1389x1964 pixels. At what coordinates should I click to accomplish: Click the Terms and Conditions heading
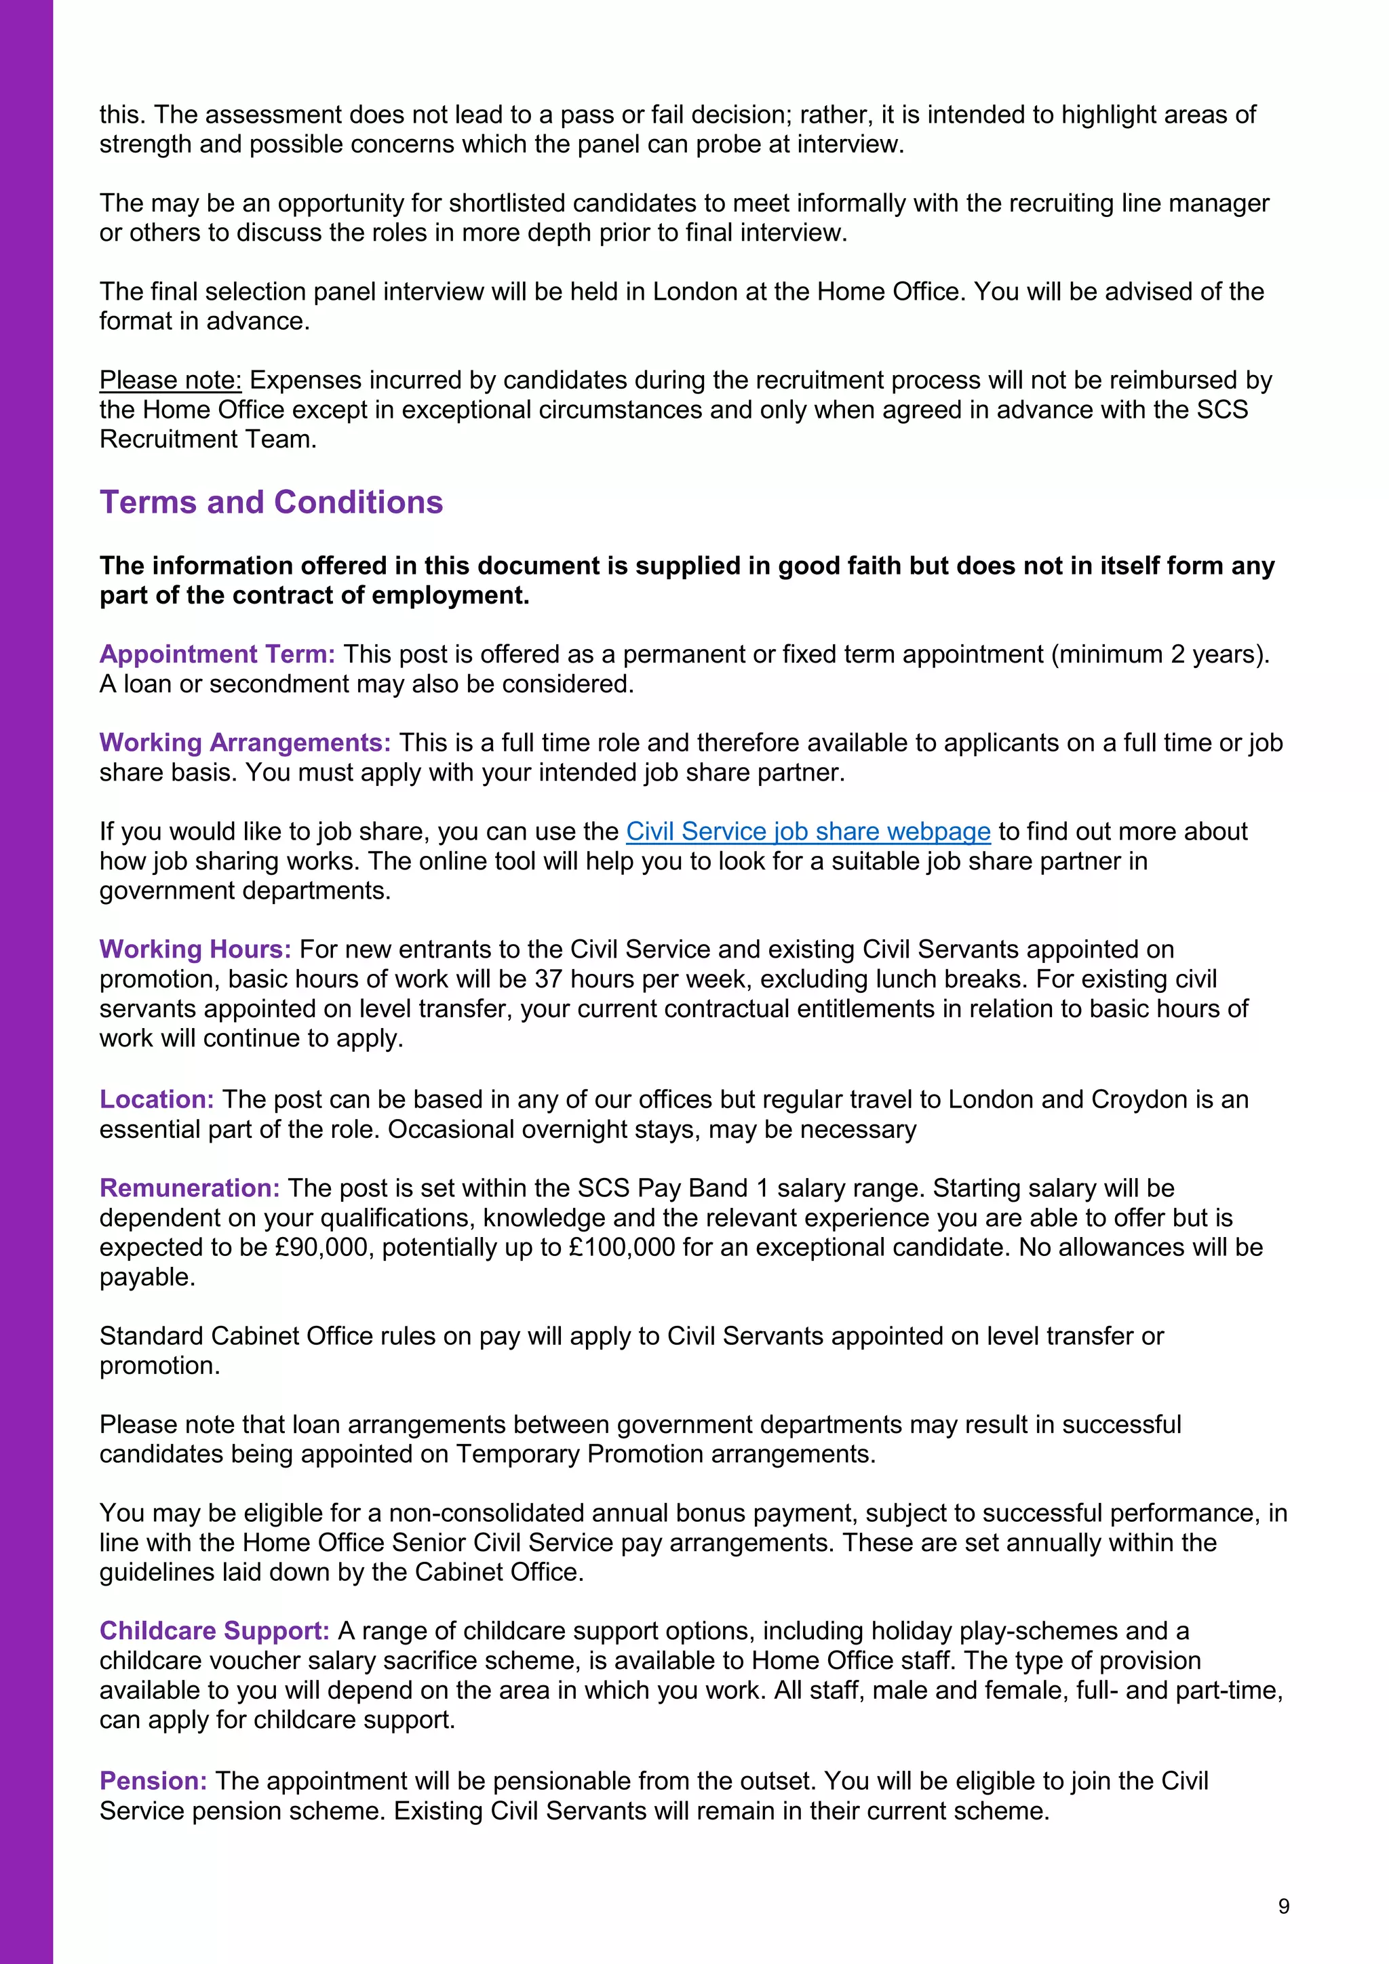[271, 502]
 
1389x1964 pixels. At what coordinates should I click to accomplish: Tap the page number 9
[1283, 1906]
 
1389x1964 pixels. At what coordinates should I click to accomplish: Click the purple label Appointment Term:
[217, 654]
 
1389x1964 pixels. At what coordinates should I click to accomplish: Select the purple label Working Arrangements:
[245, 743]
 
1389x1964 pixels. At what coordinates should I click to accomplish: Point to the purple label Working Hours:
[195, 949]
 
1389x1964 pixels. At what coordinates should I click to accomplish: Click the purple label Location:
[157, 1099]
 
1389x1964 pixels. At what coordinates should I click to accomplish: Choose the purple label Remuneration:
[189, 1188]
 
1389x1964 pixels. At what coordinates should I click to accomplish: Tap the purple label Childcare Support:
[214, 1631]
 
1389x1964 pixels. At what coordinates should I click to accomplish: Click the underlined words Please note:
[170, 380]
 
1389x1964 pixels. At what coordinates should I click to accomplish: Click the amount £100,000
[622, 1247]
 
